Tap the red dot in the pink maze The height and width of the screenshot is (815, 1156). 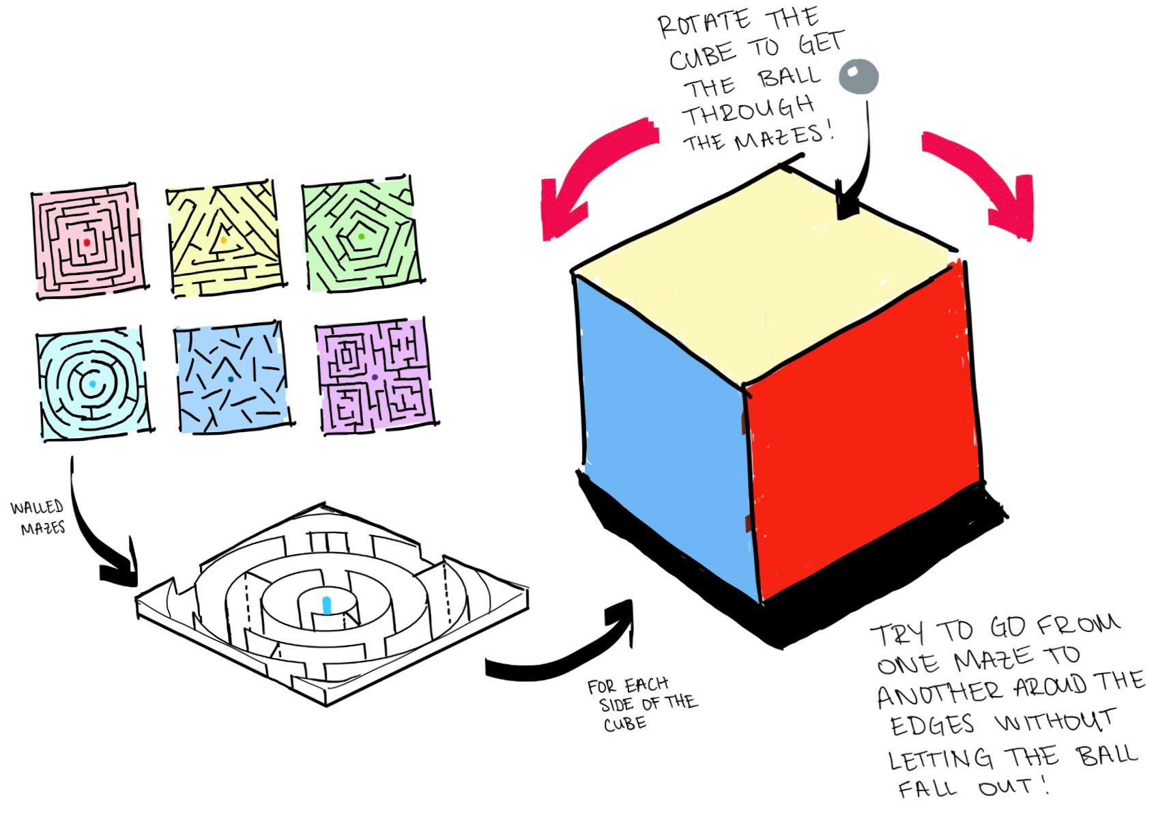coord(87,242)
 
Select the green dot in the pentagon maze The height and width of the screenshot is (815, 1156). coord(361,236)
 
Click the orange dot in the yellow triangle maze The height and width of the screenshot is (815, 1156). coord(223,240)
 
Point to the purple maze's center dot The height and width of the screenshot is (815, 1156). coord(375,377)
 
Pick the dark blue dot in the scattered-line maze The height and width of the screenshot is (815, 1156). coord(231,379)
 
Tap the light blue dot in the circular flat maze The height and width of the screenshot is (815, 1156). coord(92,384)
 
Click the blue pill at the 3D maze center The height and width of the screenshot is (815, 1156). coord(326,605)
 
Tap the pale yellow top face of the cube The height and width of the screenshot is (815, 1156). coord(764,273)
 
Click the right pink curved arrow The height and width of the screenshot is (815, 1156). coord(983,177)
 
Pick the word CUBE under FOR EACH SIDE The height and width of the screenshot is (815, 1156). coord(624,724)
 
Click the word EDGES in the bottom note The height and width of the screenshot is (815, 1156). coord(933,724)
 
